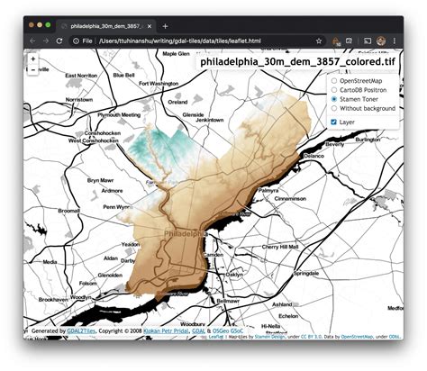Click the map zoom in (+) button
(x=33, y=59)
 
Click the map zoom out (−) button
(x=33, y=69)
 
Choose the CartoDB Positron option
(x=335, y=91)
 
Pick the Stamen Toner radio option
(x=335, y=100)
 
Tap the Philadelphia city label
(x=186, y=232)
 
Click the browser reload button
(x=59, y=41)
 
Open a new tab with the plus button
(x=165, y=26)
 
